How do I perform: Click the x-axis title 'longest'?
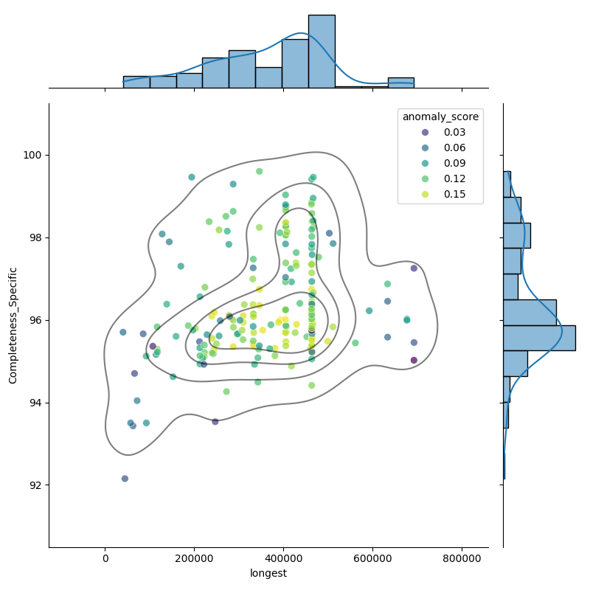268,573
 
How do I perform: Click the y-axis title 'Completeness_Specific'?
13,325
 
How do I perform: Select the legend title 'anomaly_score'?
440,117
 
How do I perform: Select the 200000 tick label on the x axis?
195,558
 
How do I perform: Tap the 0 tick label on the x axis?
105,558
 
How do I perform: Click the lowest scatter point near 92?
125,479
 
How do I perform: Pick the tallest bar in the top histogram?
322,51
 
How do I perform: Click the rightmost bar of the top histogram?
400,83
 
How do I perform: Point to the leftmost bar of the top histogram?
136,82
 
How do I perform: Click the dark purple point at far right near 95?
414,360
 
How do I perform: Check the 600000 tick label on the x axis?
373,558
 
